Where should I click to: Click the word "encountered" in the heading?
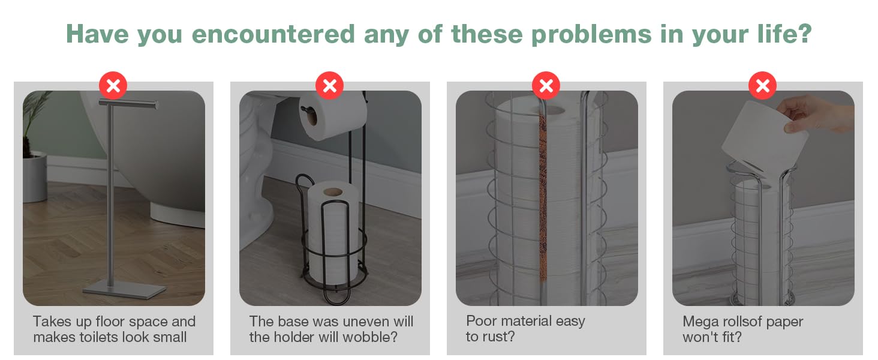(273, 34)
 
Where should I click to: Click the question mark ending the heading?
(804, 34)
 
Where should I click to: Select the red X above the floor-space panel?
(113, 85)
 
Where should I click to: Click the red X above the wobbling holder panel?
(330, 85)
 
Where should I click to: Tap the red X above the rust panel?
(546, 85)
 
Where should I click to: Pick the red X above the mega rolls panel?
(762, 85)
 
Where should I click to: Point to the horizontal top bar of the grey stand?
(128, 104)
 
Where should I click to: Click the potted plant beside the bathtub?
(35, 149)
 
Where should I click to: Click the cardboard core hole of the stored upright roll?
(333, 192)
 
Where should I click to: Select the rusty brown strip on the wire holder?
(543, 196)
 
